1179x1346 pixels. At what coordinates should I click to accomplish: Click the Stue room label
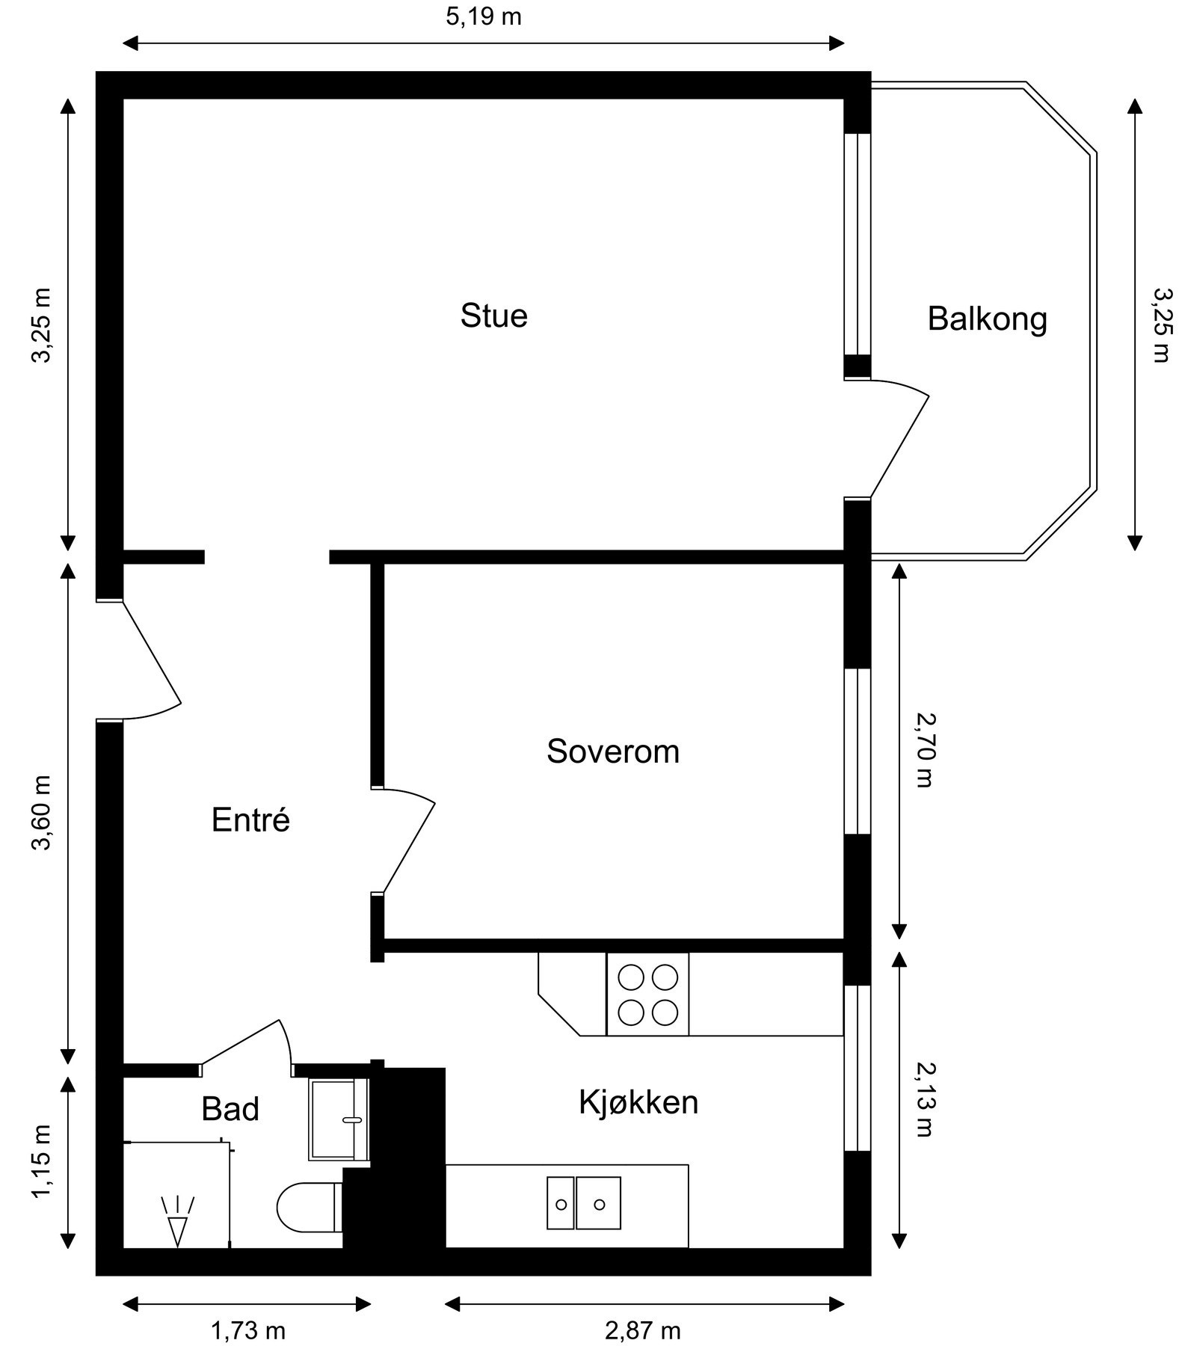493,316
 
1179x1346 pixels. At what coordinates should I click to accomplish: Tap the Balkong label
987,319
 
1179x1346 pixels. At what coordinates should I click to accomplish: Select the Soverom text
613,752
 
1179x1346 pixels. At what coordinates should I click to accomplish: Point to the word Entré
250,820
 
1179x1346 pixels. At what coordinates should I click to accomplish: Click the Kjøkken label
638,1102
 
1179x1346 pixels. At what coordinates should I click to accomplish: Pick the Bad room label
230,1109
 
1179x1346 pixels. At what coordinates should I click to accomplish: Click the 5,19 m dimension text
483,16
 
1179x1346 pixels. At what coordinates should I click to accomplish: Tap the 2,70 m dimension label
926,750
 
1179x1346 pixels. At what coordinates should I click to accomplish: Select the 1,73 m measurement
248,1331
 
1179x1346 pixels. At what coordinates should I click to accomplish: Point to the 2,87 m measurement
643,1331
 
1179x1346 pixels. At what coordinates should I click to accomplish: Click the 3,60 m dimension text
42,813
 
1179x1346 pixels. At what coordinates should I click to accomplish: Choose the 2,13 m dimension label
926,1100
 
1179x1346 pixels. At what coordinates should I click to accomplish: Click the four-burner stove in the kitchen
647,995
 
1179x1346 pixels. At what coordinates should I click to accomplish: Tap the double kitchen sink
583,1202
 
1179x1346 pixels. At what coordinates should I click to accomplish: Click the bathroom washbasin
339,1119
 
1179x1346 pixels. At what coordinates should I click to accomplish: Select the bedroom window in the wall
858,751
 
